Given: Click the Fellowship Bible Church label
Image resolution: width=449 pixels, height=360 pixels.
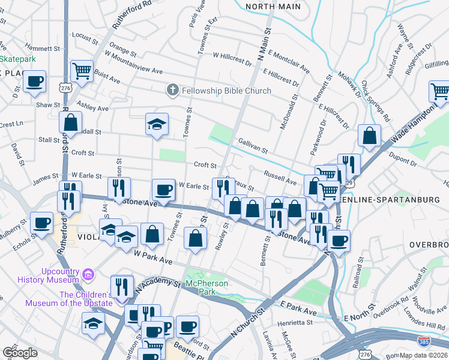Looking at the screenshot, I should click(x=226, y=91).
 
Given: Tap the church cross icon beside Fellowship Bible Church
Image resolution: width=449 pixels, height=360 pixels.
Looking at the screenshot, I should click(x=172, y=91).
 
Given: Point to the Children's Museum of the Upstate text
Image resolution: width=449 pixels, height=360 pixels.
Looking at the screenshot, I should click(x=67, y=298).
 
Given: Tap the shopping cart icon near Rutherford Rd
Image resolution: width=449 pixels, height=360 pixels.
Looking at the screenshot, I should click(x=81, y=71).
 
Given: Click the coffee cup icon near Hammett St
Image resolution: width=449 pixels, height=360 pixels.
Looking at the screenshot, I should click(x=35, y=82).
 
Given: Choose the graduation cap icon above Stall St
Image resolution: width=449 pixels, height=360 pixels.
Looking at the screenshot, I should click(x=157, y=124).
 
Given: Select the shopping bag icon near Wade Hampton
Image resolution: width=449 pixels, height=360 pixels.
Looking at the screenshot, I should click(x=369, y=135).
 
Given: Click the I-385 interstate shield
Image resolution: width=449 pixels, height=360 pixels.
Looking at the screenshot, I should click(x=423, y=340).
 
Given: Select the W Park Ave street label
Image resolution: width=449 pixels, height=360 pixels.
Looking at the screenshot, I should click(x=153, y=259).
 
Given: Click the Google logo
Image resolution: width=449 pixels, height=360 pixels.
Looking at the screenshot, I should click(x=20, y=353).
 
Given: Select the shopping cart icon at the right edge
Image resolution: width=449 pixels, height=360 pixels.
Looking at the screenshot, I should click(x=439, y=91).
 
